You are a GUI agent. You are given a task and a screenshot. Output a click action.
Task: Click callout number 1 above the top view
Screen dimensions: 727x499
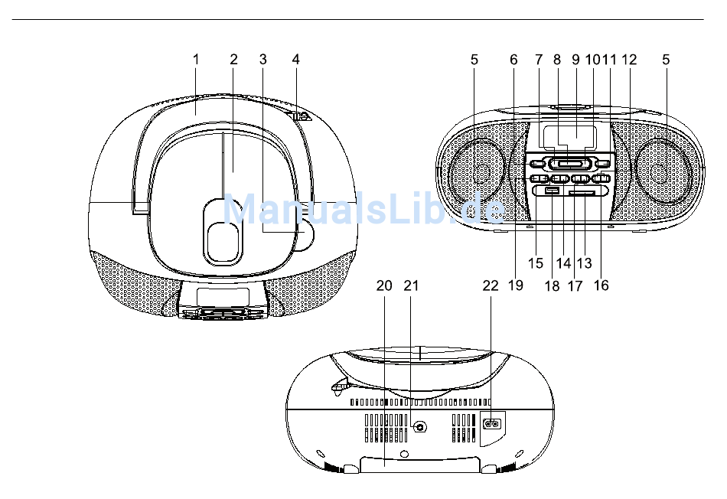click(x=196, y=60)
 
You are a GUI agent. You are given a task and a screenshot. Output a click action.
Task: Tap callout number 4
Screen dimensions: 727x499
click(x=296, y=60)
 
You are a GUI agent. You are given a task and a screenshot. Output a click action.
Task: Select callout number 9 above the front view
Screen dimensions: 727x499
click(x=575, y=60)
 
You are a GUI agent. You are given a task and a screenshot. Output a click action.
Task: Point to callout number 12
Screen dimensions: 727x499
click(x=629, y=60)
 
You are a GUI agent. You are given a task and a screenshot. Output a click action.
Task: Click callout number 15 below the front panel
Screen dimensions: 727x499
click(x=536, y=263)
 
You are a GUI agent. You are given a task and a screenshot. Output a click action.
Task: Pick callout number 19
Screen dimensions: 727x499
click(x=516, y=285)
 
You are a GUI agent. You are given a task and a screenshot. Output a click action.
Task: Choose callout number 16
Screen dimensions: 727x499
click(x=601, y=285)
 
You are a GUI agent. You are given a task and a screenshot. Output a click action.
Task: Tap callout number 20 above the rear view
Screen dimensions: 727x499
click(x=384, y=285)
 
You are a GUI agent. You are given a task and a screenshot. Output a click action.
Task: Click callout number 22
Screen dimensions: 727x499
click(x=491, y=285)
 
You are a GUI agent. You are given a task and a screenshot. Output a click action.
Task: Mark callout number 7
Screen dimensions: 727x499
click(x=538, y=60)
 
